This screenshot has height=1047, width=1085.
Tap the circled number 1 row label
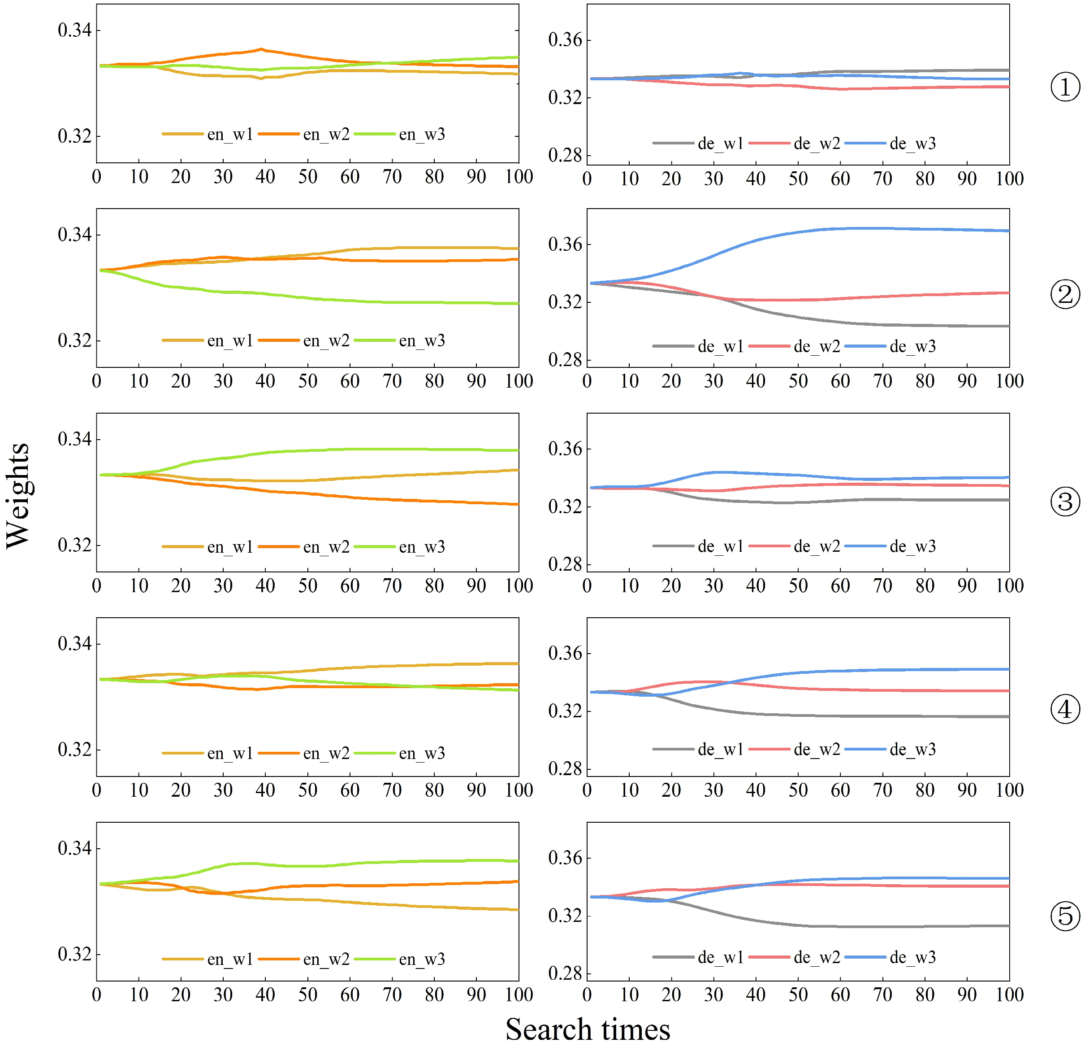pos(1064,87)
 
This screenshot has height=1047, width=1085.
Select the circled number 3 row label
pos(1064,502)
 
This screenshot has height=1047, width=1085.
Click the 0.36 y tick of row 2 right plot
pos(565,244)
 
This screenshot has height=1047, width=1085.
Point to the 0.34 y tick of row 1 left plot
pos(74,30)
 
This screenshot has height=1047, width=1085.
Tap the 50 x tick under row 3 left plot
pos(308,585)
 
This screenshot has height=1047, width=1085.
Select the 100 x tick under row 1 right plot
pos(1009,179)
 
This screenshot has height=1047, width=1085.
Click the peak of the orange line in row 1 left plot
pos(261,49)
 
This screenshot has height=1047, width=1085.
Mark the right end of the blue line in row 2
pos(1008,231)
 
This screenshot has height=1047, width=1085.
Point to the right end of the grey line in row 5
pos(1008,926)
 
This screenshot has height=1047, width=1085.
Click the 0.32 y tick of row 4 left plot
pos(74,750)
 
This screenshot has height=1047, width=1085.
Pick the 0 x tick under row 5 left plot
pos(96,995)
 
